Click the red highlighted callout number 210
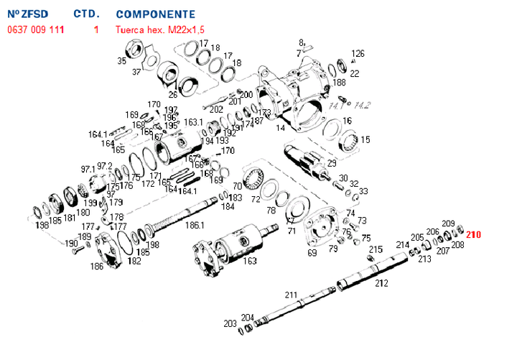tap(474, 234)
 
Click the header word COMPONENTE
tap(155, 14)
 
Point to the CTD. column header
tap(87, 14)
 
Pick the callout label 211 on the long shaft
tap(291, 295)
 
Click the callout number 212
tap(381, 283)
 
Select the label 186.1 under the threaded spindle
tap(195, 225)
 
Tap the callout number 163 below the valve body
tap(250, 261)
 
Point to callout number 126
tap(358, 53)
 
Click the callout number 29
tap(332, 163)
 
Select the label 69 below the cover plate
tap(312, 253)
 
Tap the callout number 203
tap(230, 323)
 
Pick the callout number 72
tap(255, 198)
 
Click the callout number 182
tap(134, 262)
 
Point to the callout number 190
tap(71, 243)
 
